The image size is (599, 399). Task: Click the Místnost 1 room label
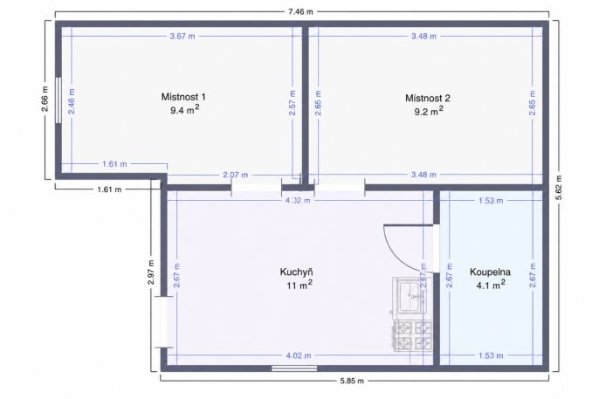click(x=183, y=97)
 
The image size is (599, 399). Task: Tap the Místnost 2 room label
click(x=428, y=98)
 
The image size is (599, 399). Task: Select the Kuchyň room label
click(x=297, y=272)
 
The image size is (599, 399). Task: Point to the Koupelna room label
click(x=490, y=272)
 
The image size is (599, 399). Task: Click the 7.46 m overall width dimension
click(x=300, y=11)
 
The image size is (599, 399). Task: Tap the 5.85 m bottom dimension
click(x=352, y=381)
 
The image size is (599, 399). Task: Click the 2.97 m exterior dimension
click(x=151, y=272)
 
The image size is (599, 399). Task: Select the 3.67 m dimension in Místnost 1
click(x=182, y=37)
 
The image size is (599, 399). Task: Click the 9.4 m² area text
click(x=185, y=110)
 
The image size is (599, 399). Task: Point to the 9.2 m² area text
click(x=429, y=111)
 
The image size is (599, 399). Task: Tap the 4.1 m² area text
click(x=491, y=285)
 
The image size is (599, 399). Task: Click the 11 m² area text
click(x=299, y=285)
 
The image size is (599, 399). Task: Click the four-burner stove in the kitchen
click(x=412, y=336)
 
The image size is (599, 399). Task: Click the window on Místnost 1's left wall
click(x=59, y=100)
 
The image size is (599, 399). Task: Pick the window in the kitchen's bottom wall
click(x=294, y=368)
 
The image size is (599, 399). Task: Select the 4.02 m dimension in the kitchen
click(x=299, y=355)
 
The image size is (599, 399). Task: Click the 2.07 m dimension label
click(x=236, y=175)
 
